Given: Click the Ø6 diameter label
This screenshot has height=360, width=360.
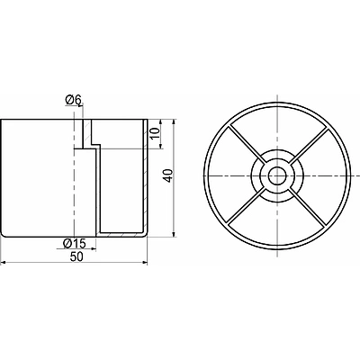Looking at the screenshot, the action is click(73, 101).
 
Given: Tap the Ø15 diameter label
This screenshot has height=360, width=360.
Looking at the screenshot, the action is click(74, 243).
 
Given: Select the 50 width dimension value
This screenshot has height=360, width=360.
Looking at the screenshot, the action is click(76, 257).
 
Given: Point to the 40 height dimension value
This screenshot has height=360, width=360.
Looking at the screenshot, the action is click(169, 175).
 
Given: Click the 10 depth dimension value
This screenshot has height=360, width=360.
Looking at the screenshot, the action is click(155, 133).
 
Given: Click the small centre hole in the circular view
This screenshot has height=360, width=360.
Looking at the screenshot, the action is click(277, 175).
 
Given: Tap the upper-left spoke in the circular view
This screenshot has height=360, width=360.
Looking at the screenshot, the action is click(247, 145).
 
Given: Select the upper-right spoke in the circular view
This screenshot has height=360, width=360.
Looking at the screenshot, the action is click(308, 145).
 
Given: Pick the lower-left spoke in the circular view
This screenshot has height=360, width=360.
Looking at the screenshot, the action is click(247, 207).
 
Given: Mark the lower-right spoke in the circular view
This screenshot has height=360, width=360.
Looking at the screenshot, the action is click(308, 207).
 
